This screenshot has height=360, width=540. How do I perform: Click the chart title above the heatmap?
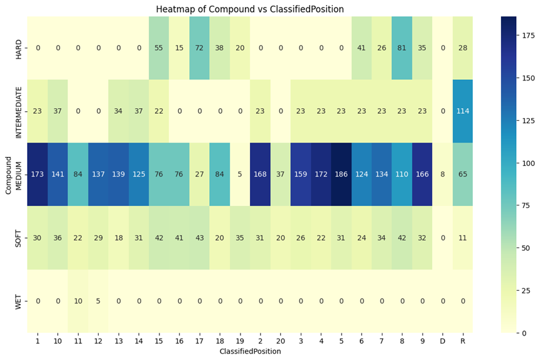[x=259, y=9]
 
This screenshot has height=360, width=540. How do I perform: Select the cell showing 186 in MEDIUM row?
[x=342, y=174]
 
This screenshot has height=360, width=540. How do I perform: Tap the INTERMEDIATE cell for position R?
[x=463, y=111]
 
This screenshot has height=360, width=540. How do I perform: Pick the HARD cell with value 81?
[x=402, y=48]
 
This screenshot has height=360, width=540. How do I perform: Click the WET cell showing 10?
[x=78, y=301]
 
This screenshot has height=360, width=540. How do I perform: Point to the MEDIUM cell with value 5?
[x=240, y=174]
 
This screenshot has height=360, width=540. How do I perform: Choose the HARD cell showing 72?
[x=200, y=48]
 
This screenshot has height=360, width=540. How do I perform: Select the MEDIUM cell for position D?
[x=443, y=174]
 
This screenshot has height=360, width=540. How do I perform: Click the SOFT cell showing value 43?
[x=200, y=237]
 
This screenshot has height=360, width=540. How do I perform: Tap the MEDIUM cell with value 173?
[x=38, y=174]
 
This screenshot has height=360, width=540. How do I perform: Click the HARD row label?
[x=18, y=48]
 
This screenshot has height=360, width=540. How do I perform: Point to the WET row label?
[x=18, y=301]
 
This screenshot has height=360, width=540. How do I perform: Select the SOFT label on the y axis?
[x=18, y=237]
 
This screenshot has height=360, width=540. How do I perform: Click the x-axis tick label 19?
[x=240, y=341]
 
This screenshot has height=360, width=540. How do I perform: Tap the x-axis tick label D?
[x=443, y=341]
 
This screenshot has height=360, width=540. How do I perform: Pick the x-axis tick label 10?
[x=58, y=341]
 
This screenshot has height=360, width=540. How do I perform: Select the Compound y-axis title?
[x=8, y=174]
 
